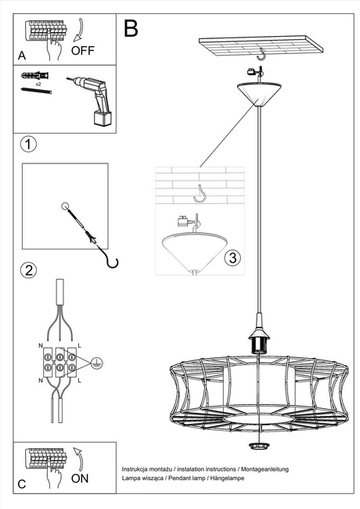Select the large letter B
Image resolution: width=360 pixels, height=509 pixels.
click(x=131, y=29)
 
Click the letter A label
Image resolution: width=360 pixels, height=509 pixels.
click(x=22, y=55)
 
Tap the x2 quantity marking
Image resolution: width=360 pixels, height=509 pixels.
click(x=38, y=83)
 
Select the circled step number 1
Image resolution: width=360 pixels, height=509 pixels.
click(x=28, y=145)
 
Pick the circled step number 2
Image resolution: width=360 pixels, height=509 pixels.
click(x=28, y=271)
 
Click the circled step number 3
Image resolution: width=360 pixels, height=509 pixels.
click(x=231, y=257)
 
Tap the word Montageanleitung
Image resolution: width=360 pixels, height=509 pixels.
click(x=263, y=468)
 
